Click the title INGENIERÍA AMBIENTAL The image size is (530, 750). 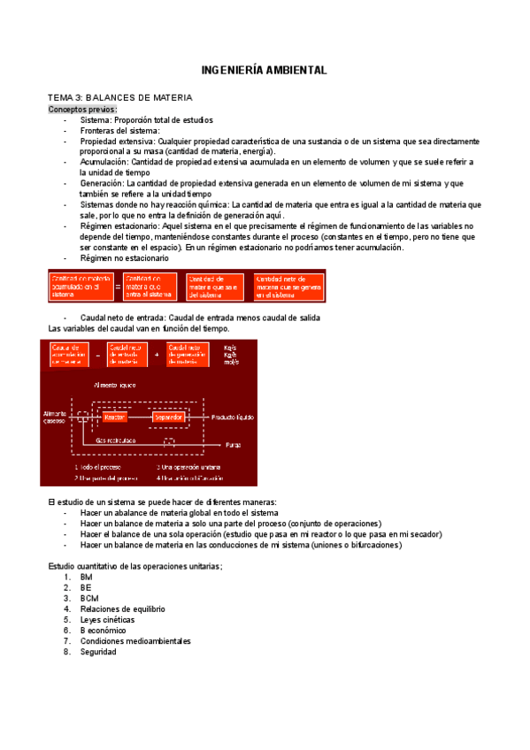tap(265, 69)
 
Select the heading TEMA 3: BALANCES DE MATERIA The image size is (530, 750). tap(120, 96)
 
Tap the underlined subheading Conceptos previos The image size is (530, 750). tap(81, 108)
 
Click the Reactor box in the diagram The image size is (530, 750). tap(115, 416)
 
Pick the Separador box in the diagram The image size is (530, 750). tap(167, 416)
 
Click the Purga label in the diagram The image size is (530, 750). tap(233, 444)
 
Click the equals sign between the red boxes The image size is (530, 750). tap(117, 286)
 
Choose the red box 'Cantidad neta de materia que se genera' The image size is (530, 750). tap(288, 286)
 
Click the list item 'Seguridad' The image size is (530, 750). tap(97, 652)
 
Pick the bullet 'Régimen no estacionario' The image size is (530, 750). tap(124, 257)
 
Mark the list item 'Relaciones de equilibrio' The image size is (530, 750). tap(122, 608)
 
